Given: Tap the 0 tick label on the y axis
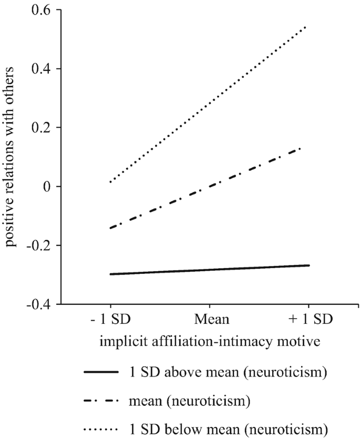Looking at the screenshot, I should tap(51, 187).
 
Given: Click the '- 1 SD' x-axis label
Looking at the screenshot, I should tap(111, 320).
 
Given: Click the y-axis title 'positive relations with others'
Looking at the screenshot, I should tap(12, 158).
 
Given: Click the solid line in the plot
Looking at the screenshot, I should tap(210, 270).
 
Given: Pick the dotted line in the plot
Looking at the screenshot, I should tap(210, 104).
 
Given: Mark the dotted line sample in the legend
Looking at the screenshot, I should tap(100, 428).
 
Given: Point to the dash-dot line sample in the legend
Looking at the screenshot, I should tap(100, 401).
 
